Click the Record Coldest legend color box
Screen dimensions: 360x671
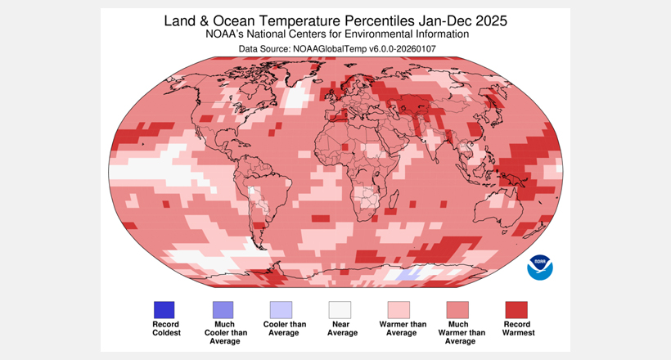click(x=164, y=310)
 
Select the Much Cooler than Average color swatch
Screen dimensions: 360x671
click(x=223, y=310)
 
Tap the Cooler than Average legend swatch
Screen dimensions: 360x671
click(x=281, y=310)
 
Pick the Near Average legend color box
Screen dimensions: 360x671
click(x=340, y=310)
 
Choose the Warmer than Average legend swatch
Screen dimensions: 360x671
click(x=399, y=310)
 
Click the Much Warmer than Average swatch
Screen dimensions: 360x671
click(x=457, y=310)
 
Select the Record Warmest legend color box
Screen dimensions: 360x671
click(x=516, y=310)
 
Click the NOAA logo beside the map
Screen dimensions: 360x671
click(x=540, y=266)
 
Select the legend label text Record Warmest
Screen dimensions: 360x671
click(x=516, y=329)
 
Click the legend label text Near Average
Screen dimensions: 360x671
click(x=340, y=329)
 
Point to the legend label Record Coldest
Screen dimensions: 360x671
click(x=164, y=329)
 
